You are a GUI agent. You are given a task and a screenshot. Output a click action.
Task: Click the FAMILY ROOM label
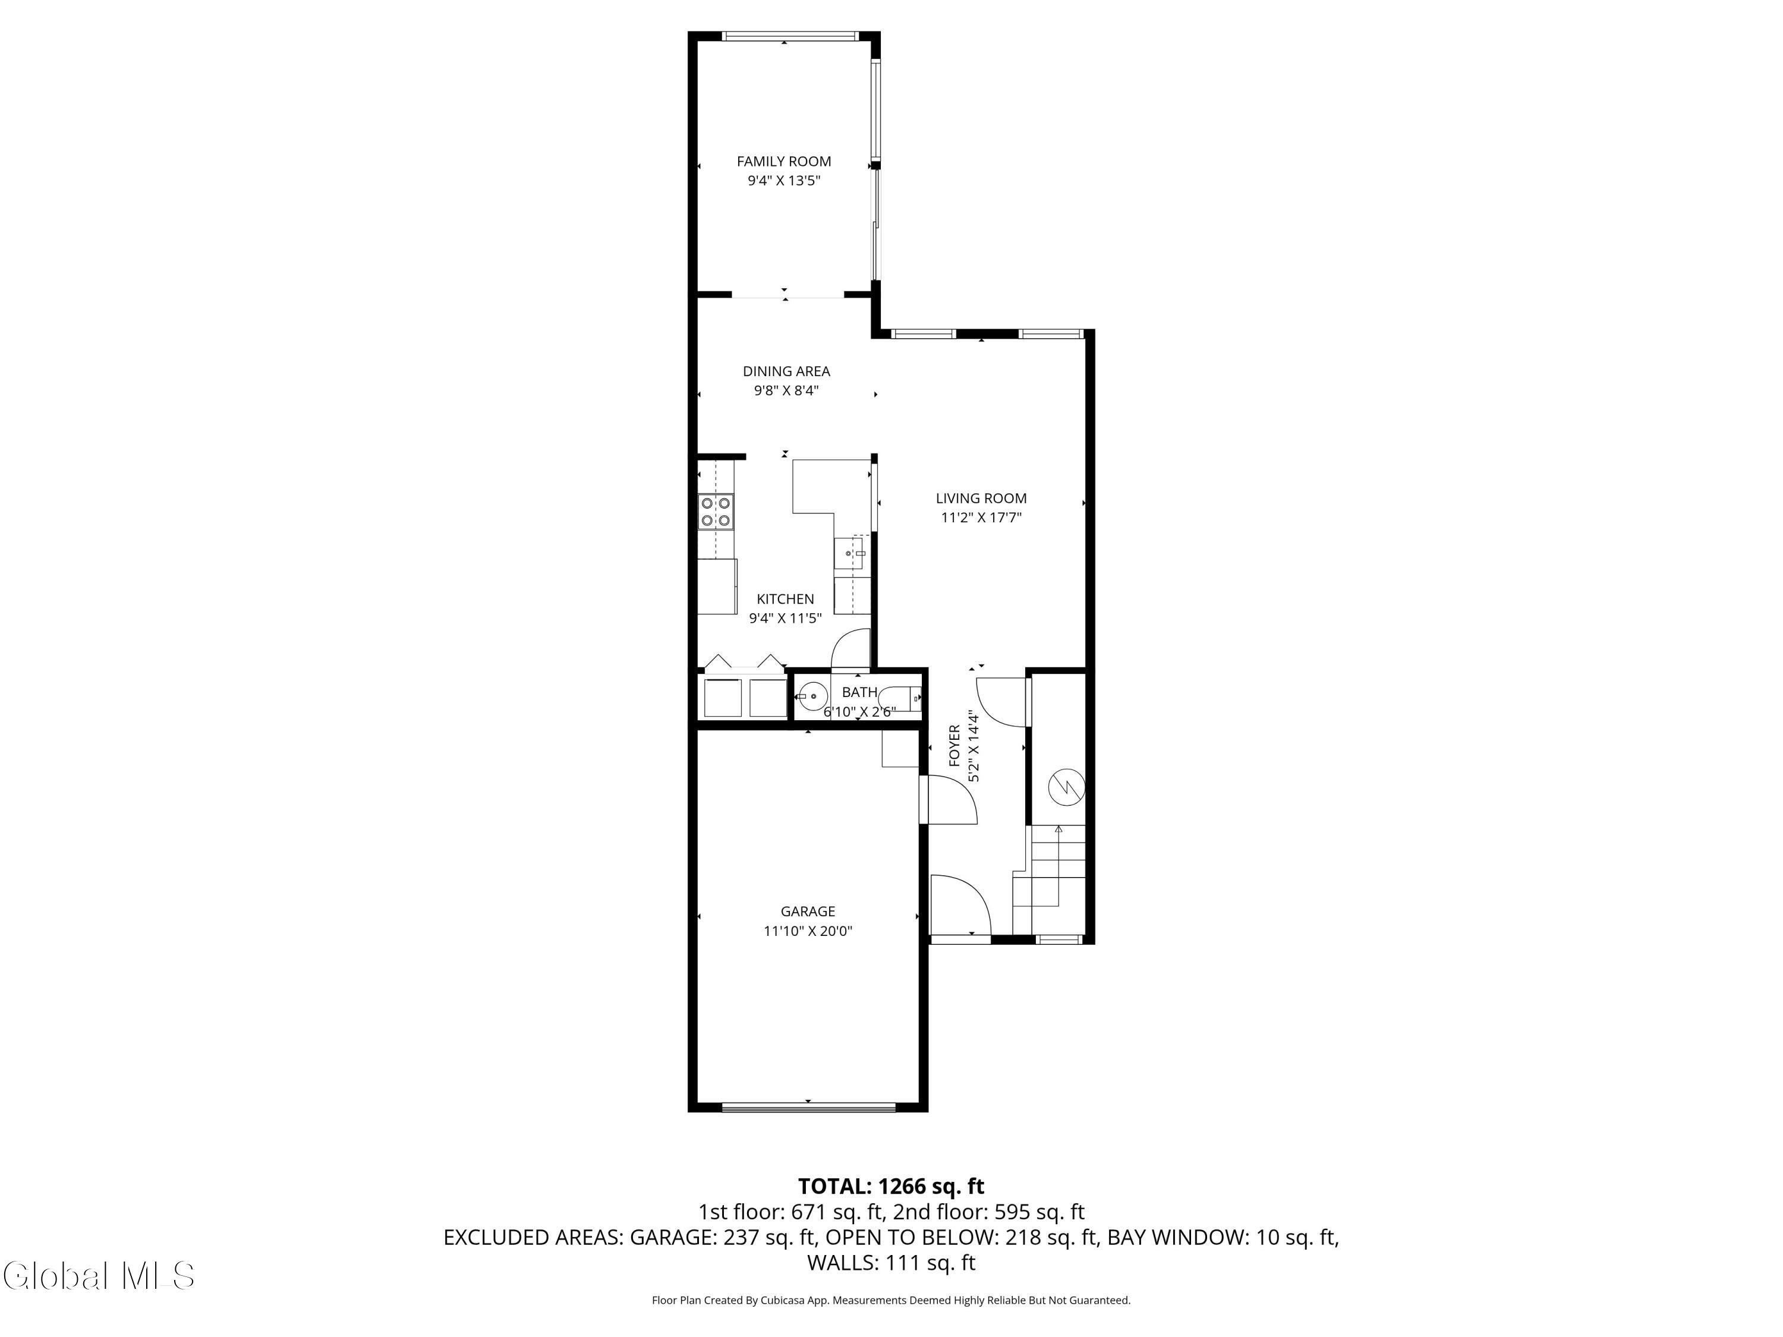(783, 161)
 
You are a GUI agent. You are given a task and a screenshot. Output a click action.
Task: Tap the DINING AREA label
(786, 371)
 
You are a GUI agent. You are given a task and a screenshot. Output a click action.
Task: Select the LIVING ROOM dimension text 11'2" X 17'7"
(981, 518)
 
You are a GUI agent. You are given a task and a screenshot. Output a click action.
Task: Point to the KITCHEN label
(785, 599)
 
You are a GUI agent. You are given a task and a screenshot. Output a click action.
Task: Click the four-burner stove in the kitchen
(716, 512)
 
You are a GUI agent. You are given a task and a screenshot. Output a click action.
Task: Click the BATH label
(859, 692)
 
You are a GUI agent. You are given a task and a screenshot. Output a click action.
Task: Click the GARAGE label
(808, 912)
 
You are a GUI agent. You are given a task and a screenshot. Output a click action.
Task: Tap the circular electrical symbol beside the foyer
(1066, 787)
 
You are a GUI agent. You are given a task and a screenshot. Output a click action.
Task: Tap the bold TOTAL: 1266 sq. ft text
(891, 1186)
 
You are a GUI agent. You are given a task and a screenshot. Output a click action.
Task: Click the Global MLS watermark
(98, 1276)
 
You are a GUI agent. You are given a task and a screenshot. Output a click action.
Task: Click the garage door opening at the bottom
(808, 1107)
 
